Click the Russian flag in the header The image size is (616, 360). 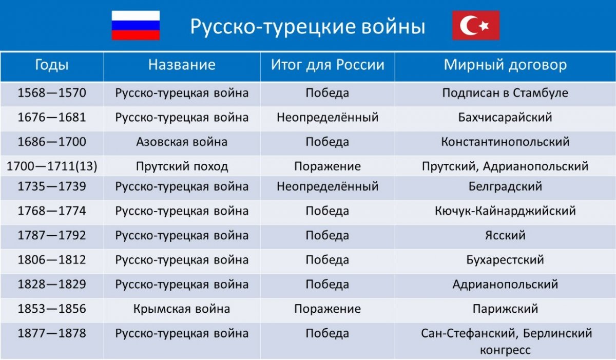[x=136, y=25]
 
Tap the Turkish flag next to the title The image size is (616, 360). [x=476, y=25]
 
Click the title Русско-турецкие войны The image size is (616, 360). [x=307, y=27]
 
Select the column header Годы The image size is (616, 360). [x=52, y=65]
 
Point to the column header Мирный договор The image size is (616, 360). [x=505, y=65]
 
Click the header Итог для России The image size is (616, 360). [x=328, y=65]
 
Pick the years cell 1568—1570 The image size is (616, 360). [x=52, y=92]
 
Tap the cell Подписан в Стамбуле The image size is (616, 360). [x=505, y=93]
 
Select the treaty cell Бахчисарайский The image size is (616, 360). [x=505, y=118]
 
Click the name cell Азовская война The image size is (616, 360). [x=182, y=142]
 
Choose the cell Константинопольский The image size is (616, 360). [x=505, y=142]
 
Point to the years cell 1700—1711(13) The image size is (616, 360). [x=52, y=166]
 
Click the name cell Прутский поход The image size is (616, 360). [x=182, y=166]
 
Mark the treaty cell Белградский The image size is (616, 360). [x=505, y=186]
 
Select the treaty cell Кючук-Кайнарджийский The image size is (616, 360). [x=505, y=211]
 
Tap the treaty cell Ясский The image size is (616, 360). [x=505, y=235]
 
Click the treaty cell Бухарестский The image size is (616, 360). [x=505, y=260]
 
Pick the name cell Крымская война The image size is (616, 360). [x=182, y=309]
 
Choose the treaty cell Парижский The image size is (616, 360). [x=505, y=309]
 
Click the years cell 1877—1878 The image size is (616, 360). [x=52, y=333]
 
